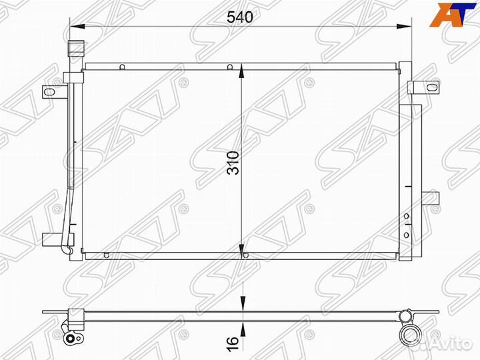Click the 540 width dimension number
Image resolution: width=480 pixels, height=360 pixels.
coord(240,17)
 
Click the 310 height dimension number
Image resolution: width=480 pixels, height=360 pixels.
coord(233,163)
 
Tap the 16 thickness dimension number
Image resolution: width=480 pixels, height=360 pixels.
coord(233,344)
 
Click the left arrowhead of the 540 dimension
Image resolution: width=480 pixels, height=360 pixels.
coord(77,27)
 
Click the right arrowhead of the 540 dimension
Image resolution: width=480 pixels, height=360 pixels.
coord(404,27)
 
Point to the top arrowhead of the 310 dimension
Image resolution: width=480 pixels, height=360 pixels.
coord(242,71)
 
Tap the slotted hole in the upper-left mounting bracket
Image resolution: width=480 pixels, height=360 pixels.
coord(49,91)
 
